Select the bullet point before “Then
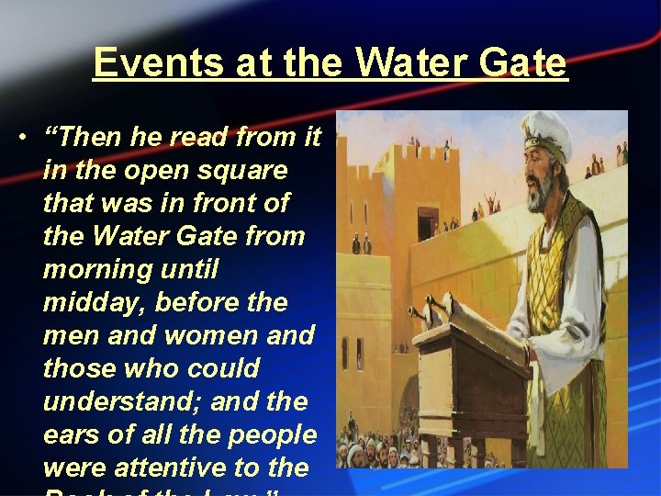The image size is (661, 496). coord(20,139)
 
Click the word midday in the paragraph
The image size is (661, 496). coord(85,302)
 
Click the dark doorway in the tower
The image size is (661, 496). coord(428,224)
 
